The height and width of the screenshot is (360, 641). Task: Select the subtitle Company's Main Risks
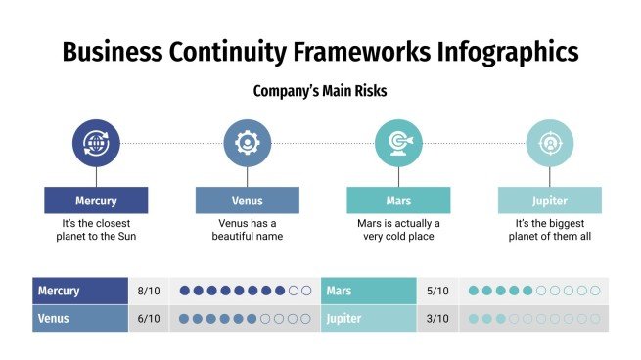click(x=320, y=91)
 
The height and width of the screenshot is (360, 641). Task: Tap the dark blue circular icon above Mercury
click(x=96, y=143)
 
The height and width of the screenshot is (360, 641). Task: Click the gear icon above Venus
click(x=247, y=143)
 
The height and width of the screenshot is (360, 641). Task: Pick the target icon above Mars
click(x=398, y=143)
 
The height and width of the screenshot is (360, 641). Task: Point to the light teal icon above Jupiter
click(x=549, y=143)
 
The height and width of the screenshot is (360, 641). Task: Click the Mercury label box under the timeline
click(x=96, y=201)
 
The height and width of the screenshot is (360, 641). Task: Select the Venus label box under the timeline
click(x=247, y=201)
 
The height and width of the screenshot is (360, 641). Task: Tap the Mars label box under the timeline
click(x=398, y=201)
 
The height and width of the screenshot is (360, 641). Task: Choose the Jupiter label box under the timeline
click(x=549, y=201)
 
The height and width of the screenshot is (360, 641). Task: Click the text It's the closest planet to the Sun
click(x=96, y=230)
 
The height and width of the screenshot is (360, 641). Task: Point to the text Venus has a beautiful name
click(x=247, y=230)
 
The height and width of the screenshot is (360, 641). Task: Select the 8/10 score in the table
click(x=149, y=291)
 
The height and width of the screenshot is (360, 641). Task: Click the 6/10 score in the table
click(x=149, y=319)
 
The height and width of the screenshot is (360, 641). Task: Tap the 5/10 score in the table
click(x=438, y=291)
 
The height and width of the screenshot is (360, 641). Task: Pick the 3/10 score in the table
click(x=438, y=319)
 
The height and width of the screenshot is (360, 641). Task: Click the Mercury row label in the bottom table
click(x=59, y=291)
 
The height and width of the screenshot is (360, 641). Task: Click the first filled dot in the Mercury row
click(x=185, y=291)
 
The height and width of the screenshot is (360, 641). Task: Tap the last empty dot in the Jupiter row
click(x=595, y=319)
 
